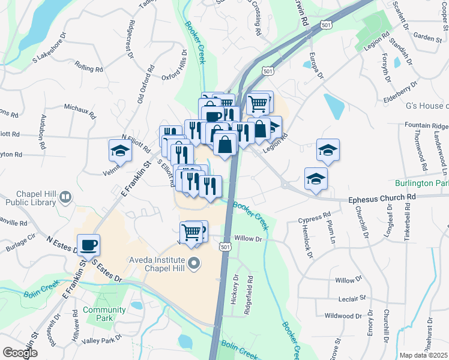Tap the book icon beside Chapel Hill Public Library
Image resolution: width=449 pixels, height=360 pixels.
pos(66,196)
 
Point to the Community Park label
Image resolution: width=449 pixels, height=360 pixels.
pos(105,314)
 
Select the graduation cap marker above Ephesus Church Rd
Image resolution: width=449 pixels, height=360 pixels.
pos(316,178)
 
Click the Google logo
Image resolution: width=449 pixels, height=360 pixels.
pos(20,353)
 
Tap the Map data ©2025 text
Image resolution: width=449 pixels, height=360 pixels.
pos(424,355)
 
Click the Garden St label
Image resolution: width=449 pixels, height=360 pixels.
pos(427,37)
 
